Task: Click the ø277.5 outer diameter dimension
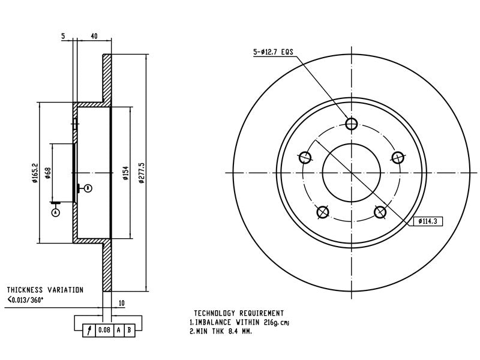(x=141, y=173)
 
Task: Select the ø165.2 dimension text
(x=35, y=173)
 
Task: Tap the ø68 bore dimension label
(x=48, y=173)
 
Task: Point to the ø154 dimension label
(x=126, y=173)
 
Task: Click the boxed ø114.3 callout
(x=428, y=221)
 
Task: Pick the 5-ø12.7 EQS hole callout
(x=273, y=52)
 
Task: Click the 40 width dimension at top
(x=94, y=36)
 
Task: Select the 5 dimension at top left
(x=63, y=36)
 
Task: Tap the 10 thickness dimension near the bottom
(x=122, y=303)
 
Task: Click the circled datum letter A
(x=55, y=212)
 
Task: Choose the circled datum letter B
(x=88, y=188)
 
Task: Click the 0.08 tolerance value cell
(x=104, y=330)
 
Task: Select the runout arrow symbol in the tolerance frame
(x=89, y=331)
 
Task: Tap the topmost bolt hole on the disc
(x=352, y=124)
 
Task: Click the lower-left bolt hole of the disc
(x=322, y=212)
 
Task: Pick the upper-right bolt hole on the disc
(x=398, y=158)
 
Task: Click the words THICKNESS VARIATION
(x=45, y=290)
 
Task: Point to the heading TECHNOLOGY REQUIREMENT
(x=239, y=313)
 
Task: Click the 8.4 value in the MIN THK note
(x=232, y=331)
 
